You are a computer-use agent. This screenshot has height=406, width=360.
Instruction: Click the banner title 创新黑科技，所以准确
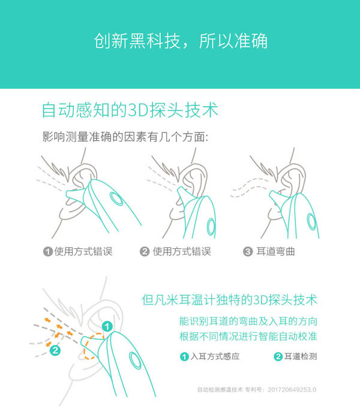click(180, 40)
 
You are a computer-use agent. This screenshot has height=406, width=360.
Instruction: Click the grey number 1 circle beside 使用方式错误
click(47, 251)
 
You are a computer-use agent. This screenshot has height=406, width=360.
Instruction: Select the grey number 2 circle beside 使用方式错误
click(145, 251)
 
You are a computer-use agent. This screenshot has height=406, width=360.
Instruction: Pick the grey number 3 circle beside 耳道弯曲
click(247, 251)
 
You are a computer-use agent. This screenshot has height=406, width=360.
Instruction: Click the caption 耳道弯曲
click(277, 251)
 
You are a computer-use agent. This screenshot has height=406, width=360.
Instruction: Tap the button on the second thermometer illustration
click(211, 227)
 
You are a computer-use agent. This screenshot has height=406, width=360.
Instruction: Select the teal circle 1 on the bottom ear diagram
click(107, 326)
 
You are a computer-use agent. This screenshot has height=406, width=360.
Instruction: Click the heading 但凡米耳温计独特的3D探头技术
click(229, 299)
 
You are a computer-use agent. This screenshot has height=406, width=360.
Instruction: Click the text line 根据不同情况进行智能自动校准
click(248, 336)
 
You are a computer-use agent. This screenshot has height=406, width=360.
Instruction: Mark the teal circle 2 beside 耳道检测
click(278, 357)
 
